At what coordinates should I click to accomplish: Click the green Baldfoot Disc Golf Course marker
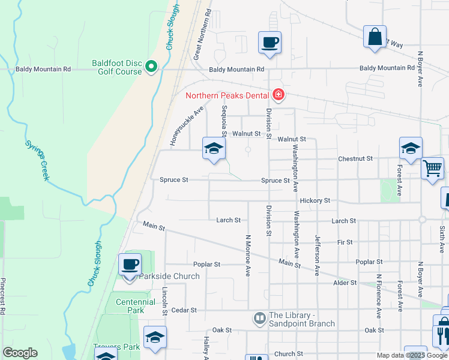(x=151, y=67)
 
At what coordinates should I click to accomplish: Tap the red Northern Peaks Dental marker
(x=277, y=95)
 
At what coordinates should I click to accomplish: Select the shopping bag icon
(x=375, y=37)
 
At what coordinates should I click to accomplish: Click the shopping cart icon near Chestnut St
(x=432, y=169)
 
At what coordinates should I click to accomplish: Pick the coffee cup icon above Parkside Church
(x=130, y=265)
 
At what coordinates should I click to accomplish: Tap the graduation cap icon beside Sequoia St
(x=214, y=149)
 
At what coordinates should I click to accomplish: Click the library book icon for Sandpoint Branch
(x=260, y=318)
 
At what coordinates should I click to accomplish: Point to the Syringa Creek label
(x=37, y=160)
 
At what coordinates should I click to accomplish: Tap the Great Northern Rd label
(x=202, y=34)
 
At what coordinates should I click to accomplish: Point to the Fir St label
(x=345, y=242)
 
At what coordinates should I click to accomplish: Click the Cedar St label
(x=185, y=310)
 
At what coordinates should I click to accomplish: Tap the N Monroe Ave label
(x=247, y=254)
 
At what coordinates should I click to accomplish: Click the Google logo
(x=20, y=353)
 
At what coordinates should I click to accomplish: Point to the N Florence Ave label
(x=379, y=296)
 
